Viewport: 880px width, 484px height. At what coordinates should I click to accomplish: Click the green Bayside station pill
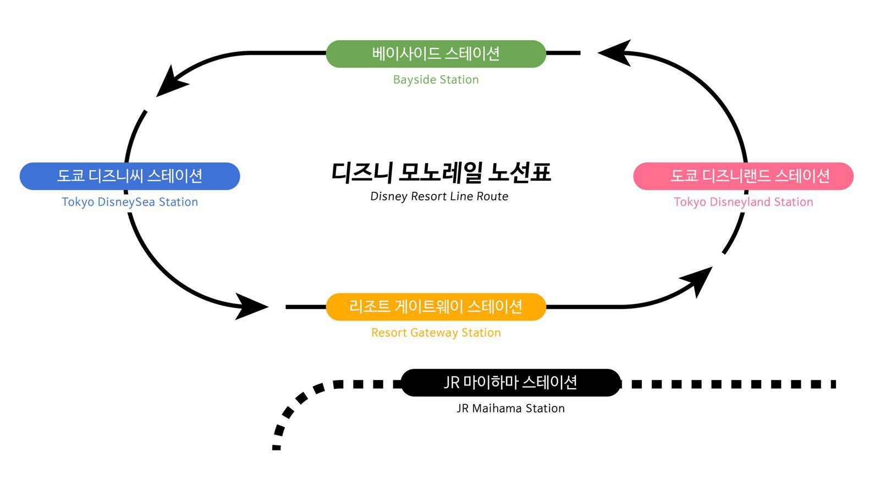pos(436,54)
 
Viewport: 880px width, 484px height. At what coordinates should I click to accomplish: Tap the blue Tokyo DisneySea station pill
pos(130,176)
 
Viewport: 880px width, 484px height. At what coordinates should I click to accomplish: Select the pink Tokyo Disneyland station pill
pos(744,176)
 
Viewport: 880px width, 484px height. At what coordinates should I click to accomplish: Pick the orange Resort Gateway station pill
pos(436,307)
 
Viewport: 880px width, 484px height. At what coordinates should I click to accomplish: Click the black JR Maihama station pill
pos(510,383)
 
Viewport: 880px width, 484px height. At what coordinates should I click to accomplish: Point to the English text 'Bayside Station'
pos(436,80)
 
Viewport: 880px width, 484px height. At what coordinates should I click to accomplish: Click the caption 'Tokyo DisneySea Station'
pos(130,202)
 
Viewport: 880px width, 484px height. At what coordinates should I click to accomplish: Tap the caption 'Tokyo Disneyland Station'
pos(744,202)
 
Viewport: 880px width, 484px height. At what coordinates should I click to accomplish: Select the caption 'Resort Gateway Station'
pos(436,333)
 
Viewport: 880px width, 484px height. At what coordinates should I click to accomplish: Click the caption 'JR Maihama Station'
pos(510,409)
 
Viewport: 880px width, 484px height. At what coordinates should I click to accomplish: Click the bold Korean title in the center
pos(441,172)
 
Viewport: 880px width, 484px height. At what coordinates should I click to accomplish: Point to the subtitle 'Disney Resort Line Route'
pos(439,197)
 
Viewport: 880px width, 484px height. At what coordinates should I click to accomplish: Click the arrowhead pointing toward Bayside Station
pos(615,53)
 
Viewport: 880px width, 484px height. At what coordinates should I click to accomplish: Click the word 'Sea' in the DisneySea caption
pos(145,202)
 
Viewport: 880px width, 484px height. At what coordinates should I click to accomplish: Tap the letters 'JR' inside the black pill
pos(452,383)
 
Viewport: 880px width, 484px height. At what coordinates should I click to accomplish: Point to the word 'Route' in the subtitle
pos(492,197)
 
